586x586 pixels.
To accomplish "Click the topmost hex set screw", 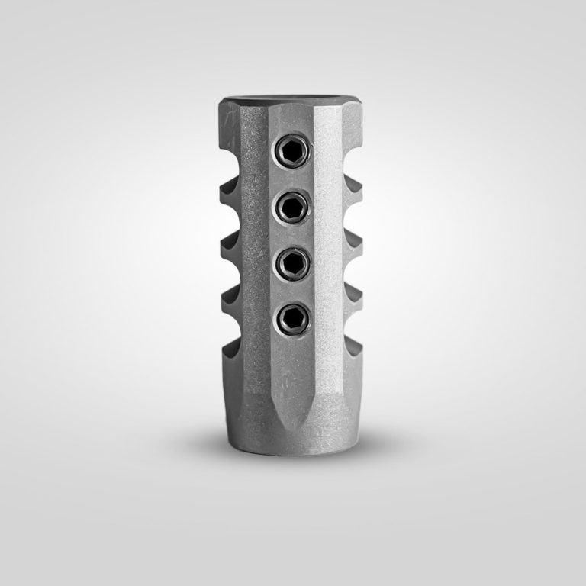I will click(293, 153).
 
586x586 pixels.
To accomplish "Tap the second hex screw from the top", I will click(293, 205).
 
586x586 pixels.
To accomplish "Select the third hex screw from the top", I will click(293, 261).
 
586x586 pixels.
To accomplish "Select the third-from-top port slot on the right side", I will click(353, 267).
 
